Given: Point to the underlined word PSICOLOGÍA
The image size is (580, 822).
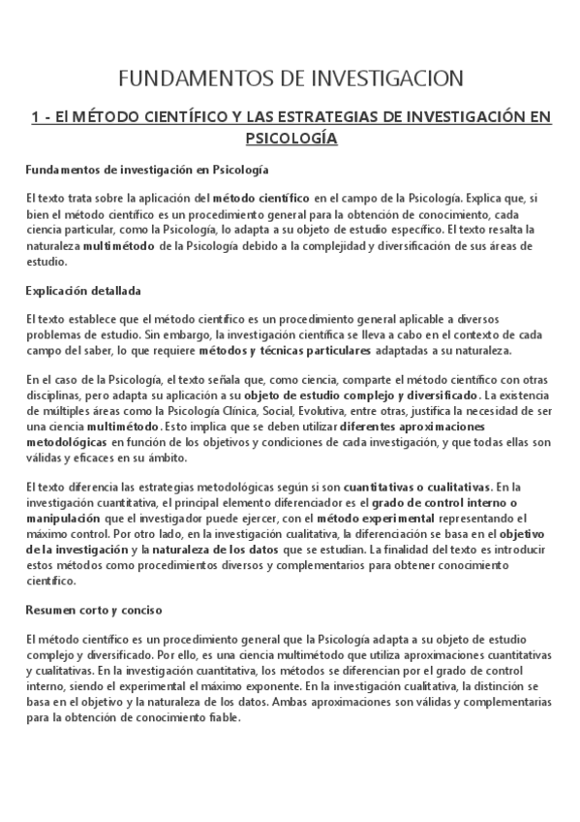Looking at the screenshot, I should pos(290,139).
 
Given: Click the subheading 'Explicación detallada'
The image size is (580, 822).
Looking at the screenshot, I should pos(84,289).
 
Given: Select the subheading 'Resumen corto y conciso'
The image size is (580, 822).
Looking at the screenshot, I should pos(93,611).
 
